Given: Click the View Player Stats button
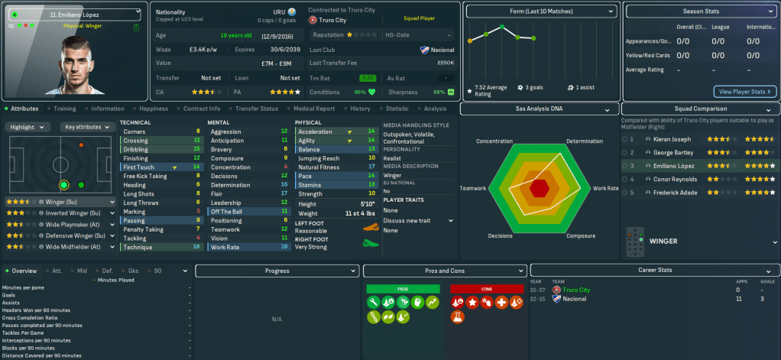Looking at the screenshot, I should [745, 92].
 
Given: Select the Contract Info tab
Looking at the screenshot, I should [202, 109].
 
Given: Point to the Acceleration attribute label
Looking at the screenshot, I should [316, 131].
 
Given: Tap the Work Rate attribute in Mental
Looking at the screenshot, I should [225, 247].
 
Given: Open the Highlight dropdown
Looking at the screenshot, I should [30, 127].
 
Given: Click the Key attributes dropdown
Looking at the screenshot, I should [86, 127].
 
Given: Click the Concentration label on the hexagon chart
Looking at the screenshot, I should [494, 141].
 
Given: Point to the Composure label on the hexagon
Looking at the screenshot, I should [582, 236].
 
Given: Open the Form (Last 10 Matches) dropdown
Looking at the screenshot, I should [541, 12].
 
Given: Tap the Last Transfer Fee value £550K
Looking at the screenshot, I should [446, 63].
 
